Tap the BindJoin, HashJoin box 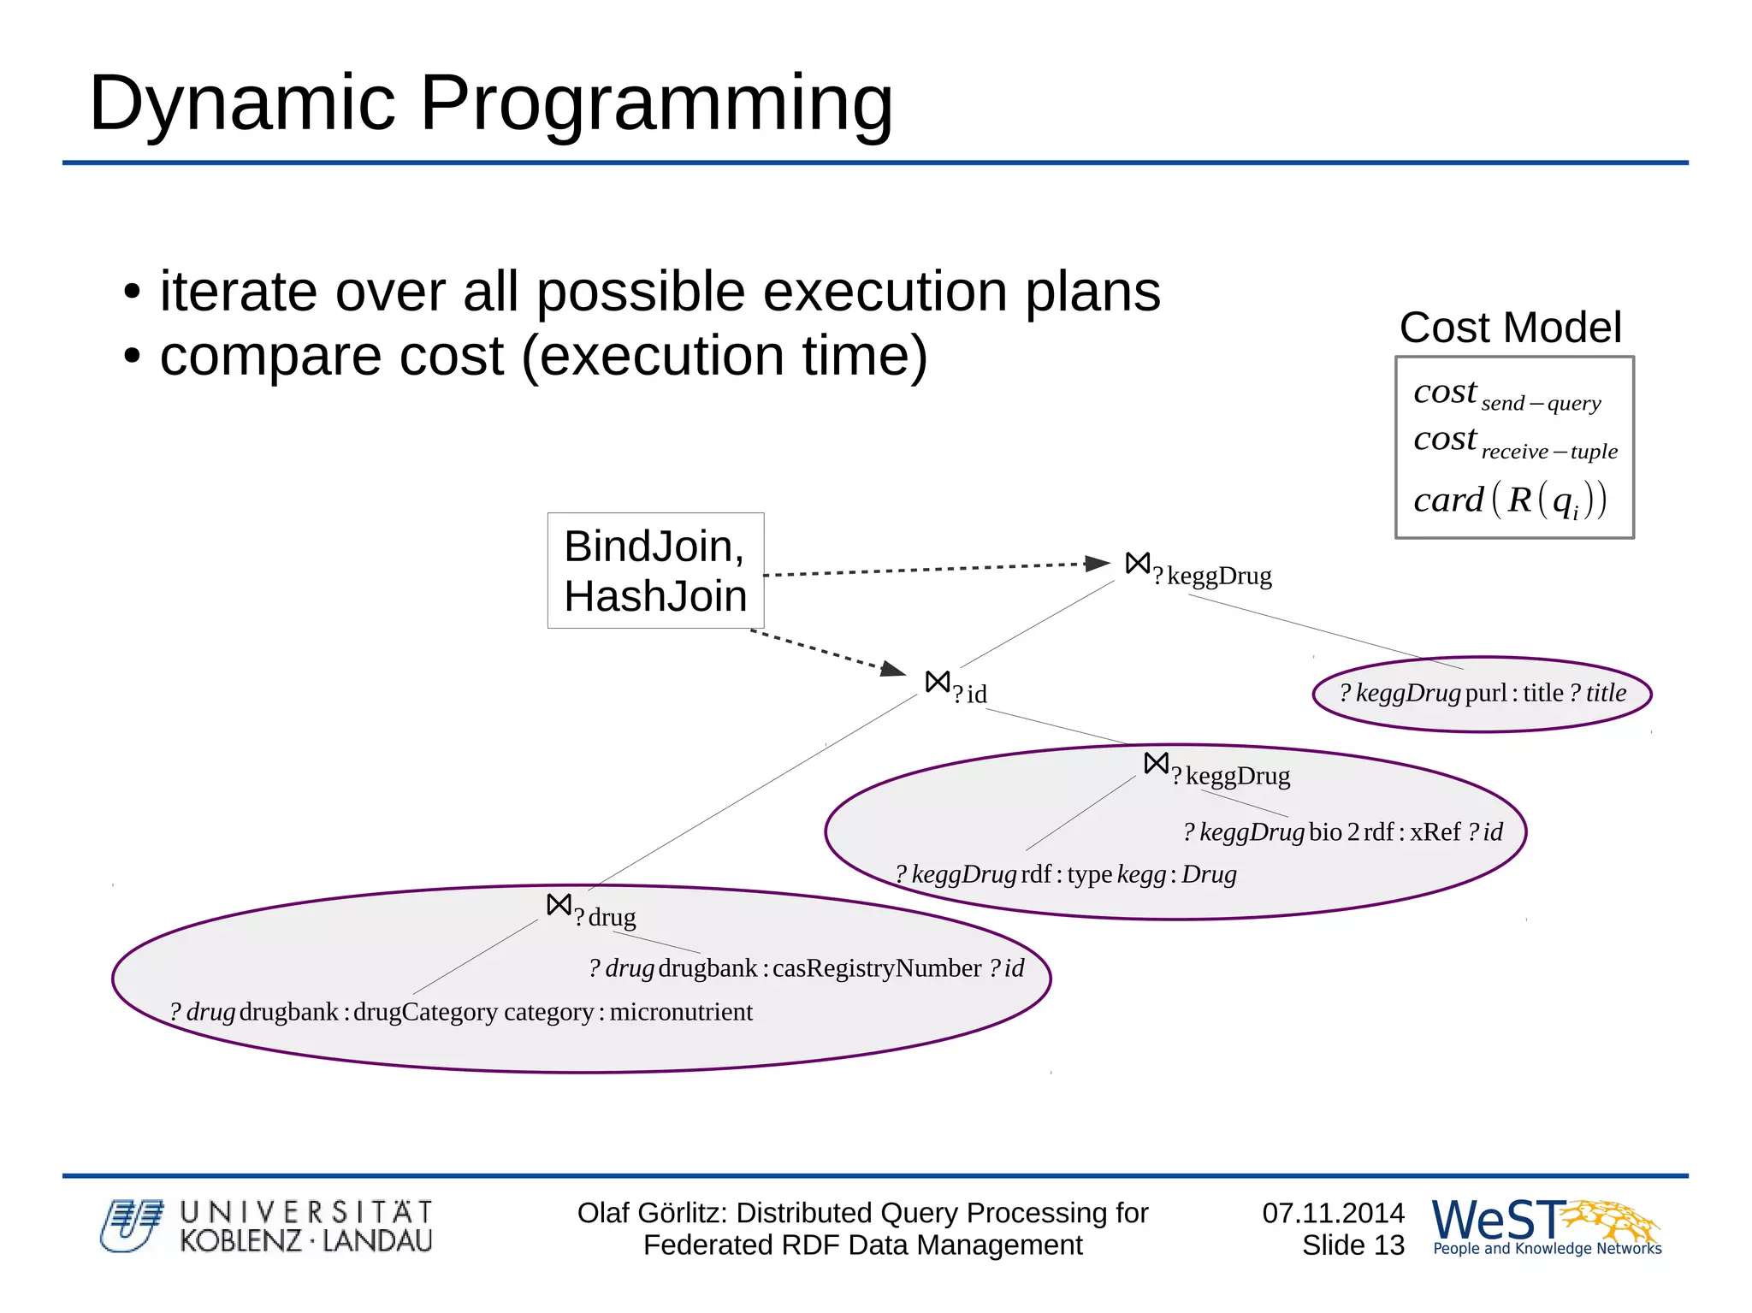(x=655, y=571)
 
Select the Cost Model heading (x=1510, y=328)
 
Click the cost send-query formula (x=1506, y=394)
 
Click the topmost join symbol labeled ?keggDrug (x=1138, y=564)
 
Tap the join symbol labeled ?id (x=938, y=682)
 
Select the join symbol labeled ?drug (x=559, y=905)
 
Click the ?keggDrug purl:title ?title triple (x=1483, y=693)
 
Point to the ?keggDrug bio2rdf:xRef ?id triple (x=1342, y=831)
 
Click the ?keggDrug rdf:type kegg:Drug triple (x=1065, y=874)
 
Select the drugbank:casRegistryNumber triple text (x=806, y=968)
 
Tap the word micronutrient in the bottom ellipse (x=681, y=1012)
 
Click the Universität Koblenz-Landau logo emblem (x=131, y=1226)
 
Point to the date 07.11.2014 (x=1333, y=1213)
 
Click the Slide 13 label (x=1352, y=1245)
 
